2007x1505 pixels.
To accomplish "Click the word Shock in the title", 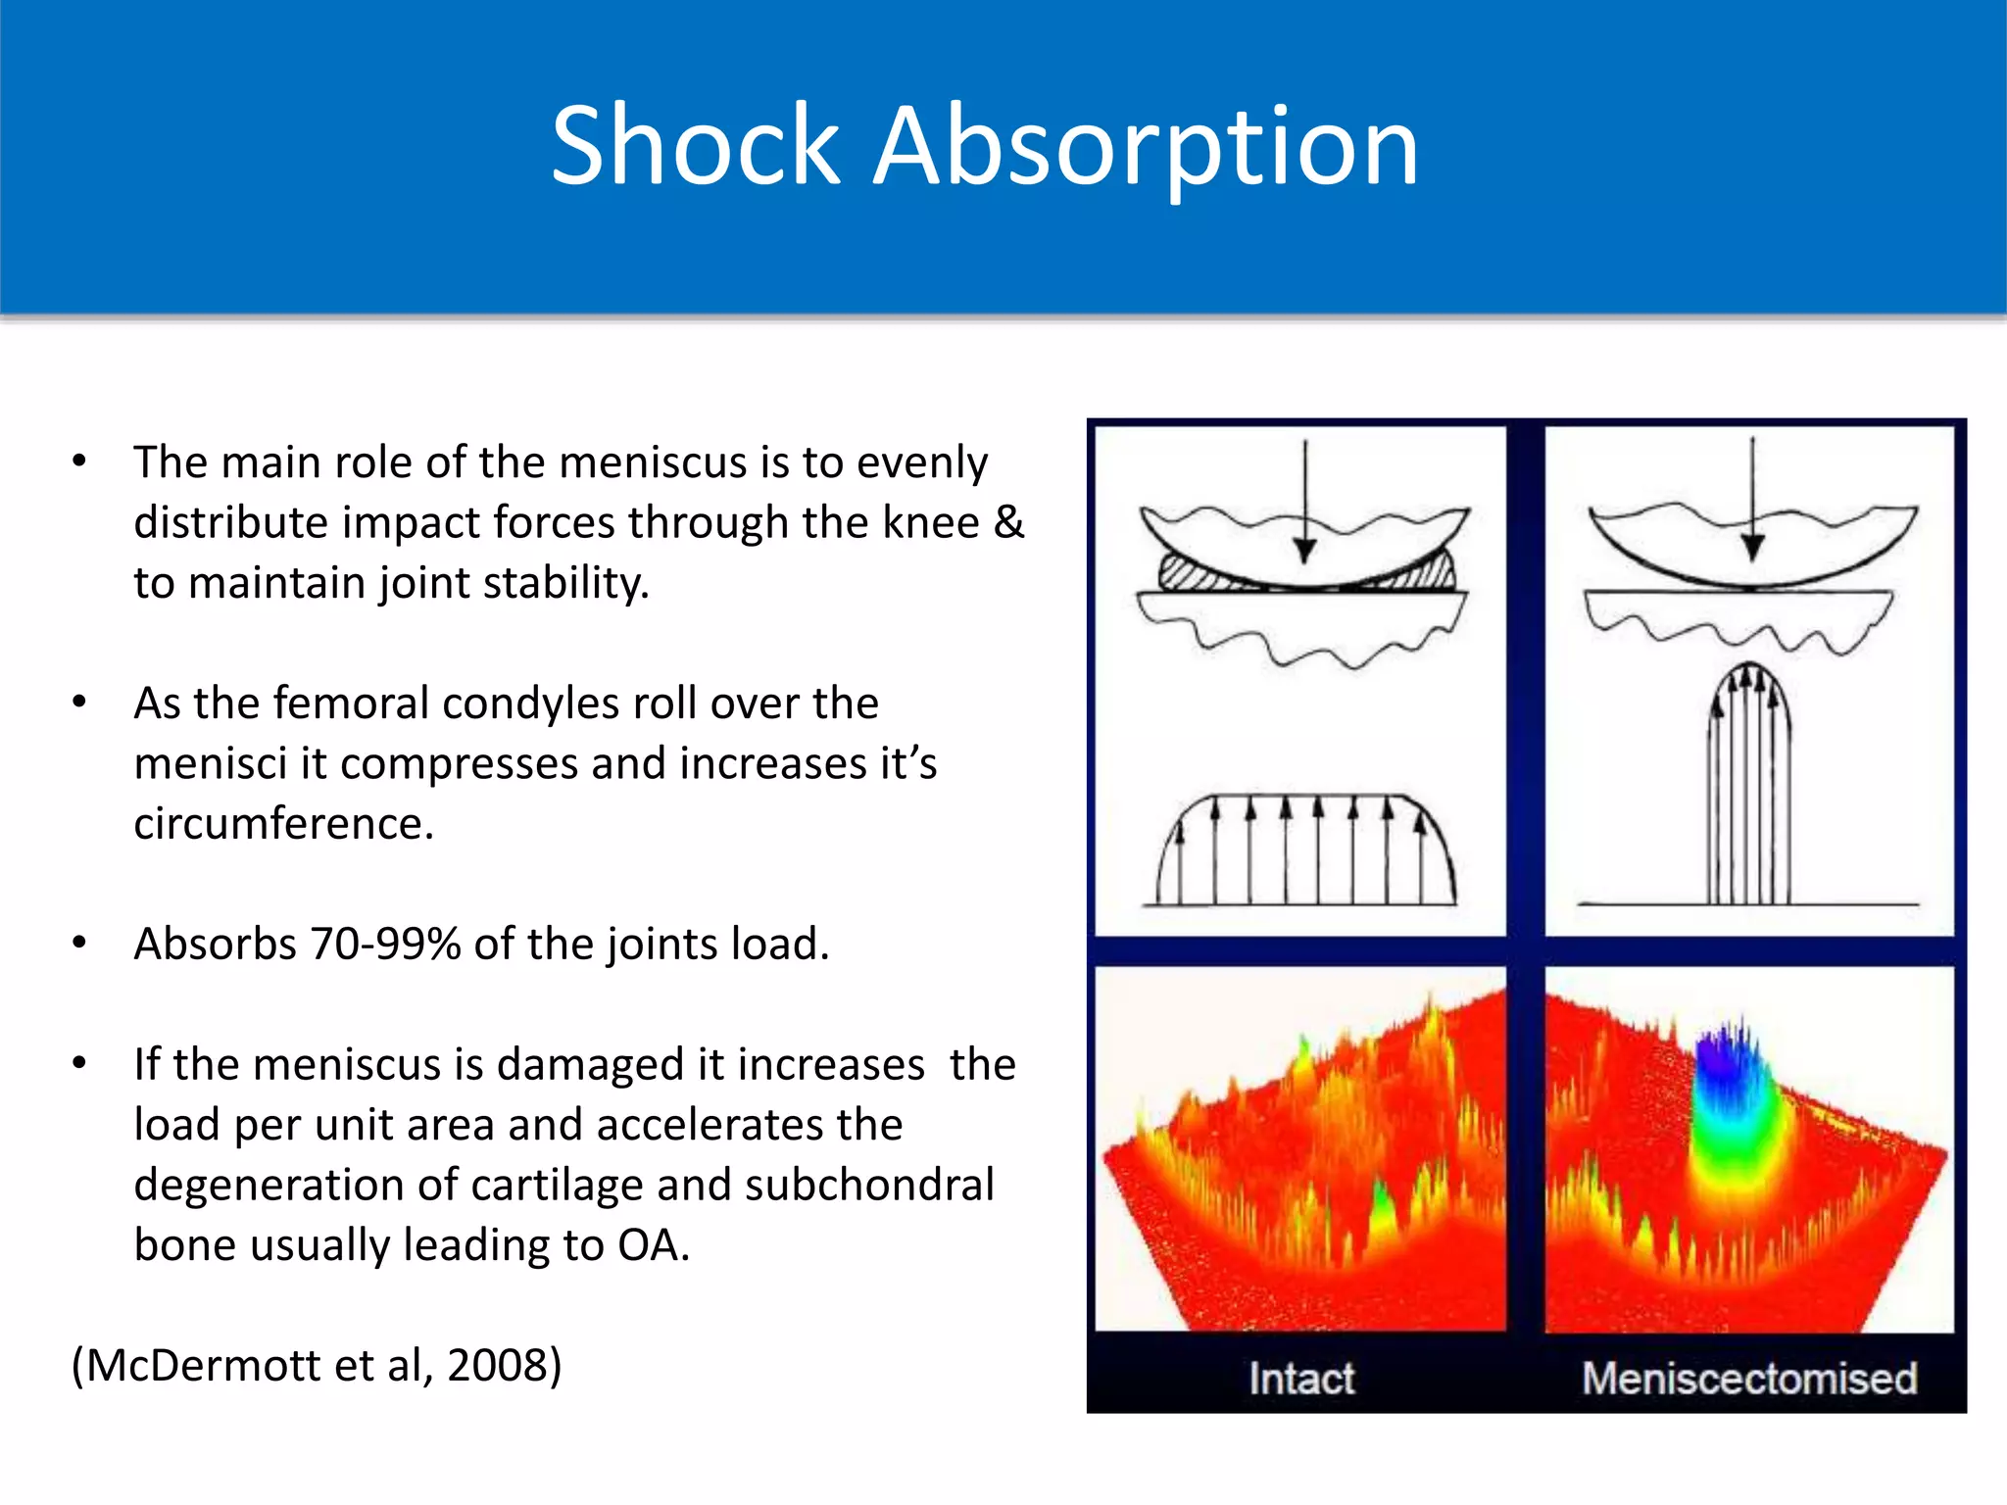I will pos(695,147).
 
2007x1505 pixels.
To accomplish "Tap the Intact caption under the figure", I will pos(1300,1379).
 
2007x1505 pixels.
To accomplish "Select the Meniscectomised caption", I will pos(1749,1379).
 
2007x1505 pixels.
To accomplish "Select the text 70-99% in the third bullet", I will pos(385,945).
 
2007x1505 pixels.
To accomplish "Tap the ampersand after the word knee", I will pos(1008,522).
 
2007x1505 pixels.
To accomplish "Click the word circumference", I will pos(283,824).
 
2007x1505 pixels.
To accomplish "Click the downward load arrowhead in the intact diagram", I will pos(1304,551).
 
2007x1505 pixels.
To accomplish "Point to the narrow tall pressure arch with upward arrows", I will pos(1750,784).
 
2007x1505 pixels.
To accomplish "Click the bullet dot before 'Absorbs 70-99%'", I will pos(79,944).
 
